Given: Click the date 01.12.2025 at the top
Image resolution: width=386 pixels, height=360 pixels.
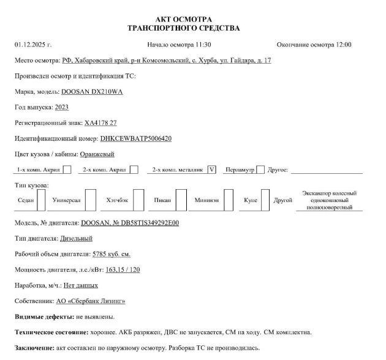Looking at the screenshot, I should (32, 45).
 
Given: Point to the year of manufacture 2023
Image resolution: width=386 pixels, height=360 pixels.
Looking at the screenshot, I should (62, 107).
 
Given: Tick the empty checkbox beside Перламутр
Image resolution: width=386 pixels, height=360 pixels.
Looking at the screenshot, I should (260, 170).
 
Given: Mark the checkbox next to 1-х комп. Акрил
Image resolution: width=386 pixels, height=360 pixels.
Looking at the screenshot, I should (67, 170).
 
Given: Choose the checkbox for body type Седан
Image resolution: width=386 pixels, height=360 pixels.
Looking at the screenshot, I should (41, 200).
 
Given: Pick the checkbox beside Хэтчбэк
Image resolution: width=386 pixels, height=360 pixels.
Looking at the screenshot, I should (138, 200).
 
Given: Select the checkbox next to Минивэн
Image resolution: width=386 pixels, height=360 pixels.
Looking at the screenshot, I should (229, 200).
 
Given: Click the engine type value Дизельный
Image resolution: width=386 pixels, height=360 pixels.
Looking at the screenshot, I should (76, 238).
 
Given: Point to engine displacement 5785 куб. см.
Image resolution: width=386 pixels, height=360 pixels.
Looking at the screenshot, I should (110, 254).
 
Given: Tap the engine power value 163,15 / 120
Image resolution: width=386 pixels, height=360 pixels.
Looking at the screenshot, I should (123, 270).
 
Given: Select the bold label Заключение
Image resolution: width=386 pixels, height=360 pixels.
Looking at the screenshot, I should (34, 348).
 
